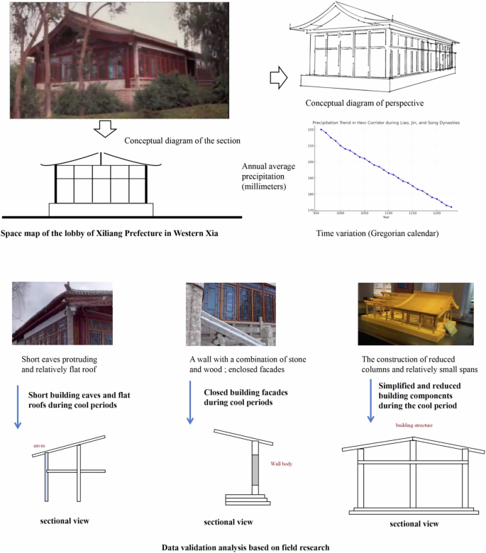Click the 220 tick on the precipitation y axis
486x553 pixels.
(310, 130)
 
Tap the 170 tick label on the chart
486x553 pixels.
(310, 210)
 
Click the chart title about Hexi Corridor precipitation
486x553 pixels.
(386, 123)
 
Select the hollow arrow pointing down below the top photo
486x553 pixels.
(104, 128)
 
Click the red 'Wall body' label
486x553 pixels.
(281, 464)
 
